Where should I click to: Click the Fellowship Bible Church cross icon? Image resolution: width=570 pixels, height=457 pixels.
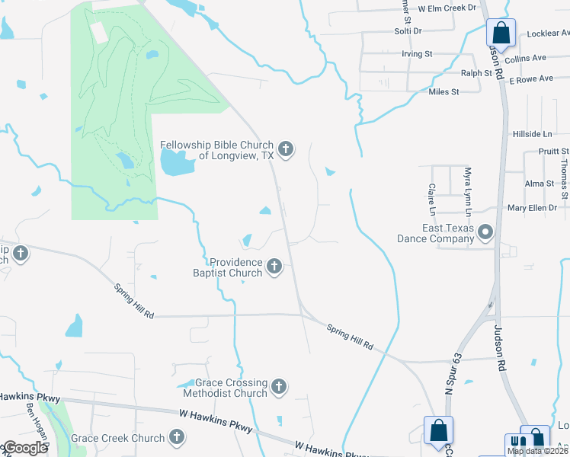pyautogui.click(x=286, y=149)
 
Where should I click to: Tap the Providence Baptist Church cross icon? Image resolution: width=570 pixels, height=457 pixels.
pyautogui.click(x=274, y=267)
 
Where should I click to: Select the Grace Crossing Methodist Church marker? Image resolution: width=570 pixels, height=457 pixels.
pyautogui.click(x=279, y=387)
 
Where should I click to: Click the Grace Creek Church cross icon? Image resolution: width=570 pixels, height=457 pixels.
pyautogui.click(x=177, y=437)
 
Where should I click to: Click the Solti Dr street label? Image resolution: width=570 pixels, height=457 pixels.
pyautogui.click(x=408, y=30)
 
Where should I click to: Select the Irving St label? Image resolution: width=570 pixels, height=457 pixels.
pyautogui.click(x=417, y=55)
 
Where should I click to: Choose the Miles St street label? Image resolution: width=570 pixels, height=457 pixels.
pyautogui.click(x=444, y=91)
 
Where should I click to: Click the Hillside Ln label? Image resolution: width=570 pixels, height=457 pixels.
pyautogui.click(x=532, y=133)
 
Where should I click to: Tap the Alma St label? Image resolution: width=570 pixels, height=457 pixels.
pyautogui.click(x=539, y=184)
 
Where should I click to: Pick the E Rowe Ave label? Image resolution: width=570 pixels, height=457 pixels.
pyautogui.click(x=530, y=79)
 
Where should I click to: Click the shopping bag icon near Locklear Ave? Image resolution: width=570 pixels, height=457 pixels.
pyautogui.click(x=501, y=33)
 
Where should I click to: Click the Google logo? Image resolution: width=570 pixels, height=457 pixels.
pyautogui.click(x=25, y=448)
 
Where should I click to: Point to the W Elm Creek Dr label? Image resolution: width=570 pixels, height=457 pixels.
pyautogui.click(x=447, y=7)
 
